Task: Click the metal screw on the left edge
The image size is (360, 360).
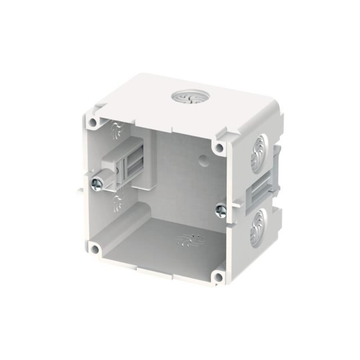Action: pyautogui.click(x=98, y=183)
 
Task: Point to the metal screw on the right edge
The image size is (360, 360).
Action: pyautogui.click(x=220, y=209)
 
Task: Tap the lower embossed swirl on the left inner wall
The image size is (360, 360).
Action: pyautogui.click(x=118, y=201)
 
